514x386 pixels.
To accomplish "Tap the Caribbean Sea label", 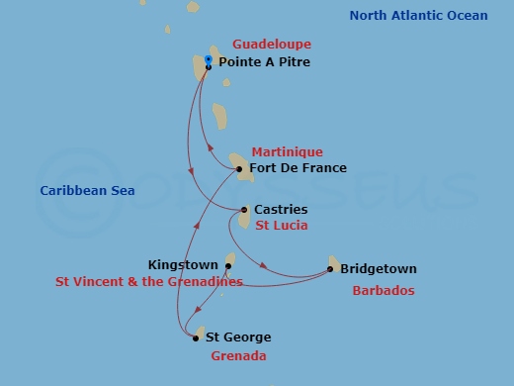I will (x=88, y=190).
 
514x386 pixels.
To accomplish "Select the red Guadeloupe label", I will (x=272, y=45).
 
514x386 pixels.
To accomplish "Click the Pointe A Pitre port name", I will (x=264, y=62).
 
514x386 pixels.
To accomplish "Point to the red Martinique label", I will (x=287, y=151).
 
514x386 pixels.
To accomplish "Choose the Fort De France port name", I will (x=299, y=168).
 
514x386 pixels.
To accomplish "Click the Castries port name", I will (x=281, y=210).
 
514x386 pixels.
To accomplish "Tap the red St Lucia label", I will (x=282, y=226).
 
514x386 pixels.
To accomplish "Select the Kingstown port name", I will (x=183, y=265).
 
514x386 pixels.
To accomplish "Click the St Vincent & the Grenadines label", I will (x=149, y=282).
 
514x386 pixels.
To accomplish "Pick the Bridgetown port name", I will (x=379, y=269).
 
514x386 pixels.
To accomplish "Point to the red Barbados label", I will (x=384, y=291).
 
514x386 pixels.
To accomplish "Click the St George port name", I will (x=238, y=338).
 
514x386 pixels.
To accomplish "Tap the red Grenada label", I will (x=239, y=355).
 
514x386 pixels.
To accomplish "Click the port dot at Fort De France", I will (x=240, y=169).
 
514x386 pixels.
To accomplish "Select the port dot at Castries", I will (x=244, y=210).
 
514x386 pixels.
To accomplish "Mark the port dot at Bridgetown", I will (x=331, y=269).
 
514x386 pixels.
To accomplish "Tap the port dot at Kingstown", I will (x=228, y=265).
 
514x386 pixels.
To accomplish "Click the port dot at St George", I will (x=196, y=338).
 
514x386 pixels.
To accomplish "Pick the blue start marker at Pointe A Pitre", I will (x=209, y=60).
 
